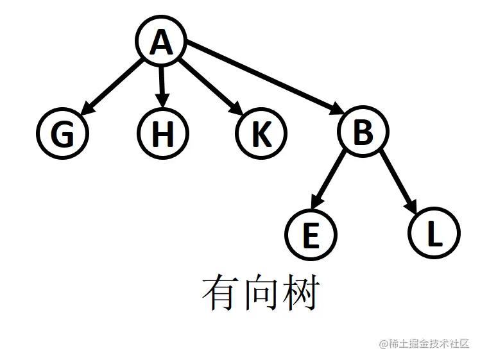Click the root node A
[161, 40]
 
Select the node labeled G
[62, 133]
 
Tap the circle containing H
[162, 133]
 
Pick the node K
[261, 133]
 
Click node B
[363, 132]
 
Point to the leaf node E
[311, 235]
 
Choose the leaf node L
[434, 233]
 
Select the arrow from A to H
[162, 87]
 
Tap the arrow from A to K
[210, 87]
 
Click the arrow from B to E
[328, 180]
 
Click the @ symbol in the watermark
[384, 344]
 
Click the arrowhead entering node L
[411, 206]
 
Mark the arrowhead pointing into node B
[337, 109]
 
